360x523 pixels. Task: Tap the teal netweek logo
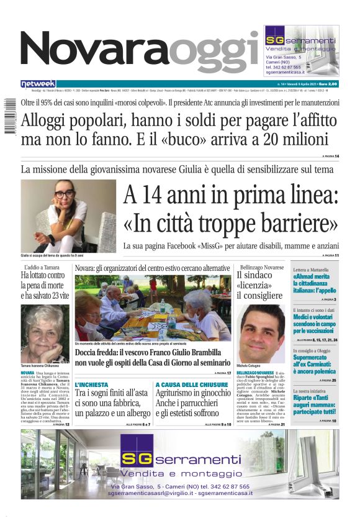tap(38, 83)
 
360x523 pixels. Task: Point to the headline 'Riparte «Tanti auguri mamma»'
tap(315, 406)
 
